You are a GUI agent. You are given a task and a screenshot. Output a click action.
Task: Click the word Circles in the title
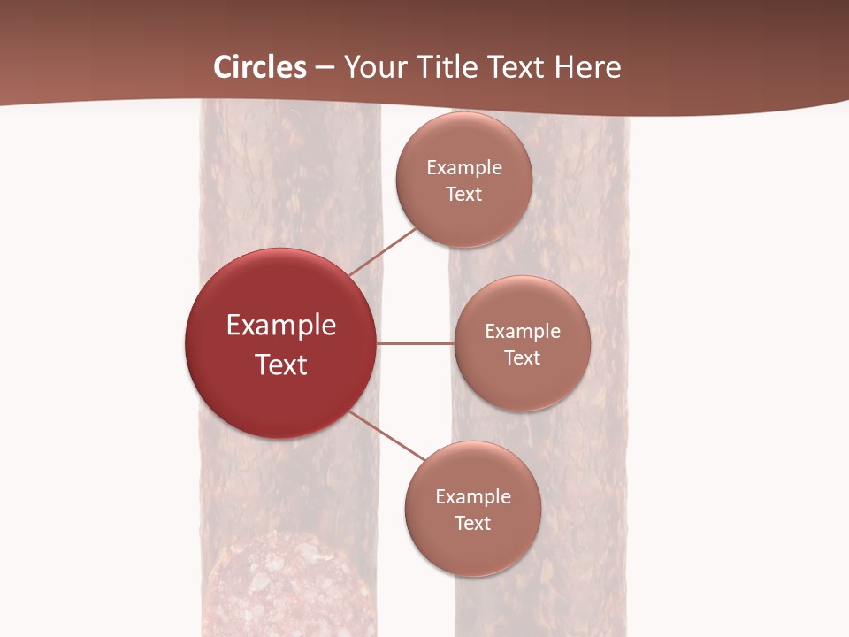coord(260,67)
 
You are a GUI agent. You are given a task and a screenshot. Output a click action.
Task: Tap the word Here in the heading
coord(588,67)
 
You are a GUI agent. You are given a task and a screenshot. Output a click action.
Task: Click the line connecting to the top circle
coord(385,251)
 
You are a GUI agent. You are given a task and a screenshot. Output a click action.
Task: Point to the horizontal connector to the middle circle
coord(416,343)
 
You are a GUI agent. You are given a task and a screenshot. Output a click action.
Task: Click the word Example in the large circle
coord(281,326)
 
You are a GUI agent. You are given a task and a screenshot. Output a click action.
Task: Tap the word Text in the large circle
coord(281,365)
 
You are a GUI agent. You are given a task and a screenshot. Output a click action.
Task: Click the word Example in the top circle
coord(464,167)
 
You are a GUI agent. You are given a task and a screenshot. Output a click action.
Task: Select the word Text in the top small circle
coord(464,194)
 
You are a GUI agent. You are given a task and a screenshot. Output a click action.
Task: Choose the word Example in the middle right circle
coord(523,331)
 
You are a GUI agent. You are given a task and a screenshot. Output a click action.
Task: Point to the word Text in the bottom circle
coord(473,523)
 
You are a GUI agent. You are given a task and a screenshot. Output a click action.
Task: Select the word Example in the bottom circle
coord(473,496)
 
